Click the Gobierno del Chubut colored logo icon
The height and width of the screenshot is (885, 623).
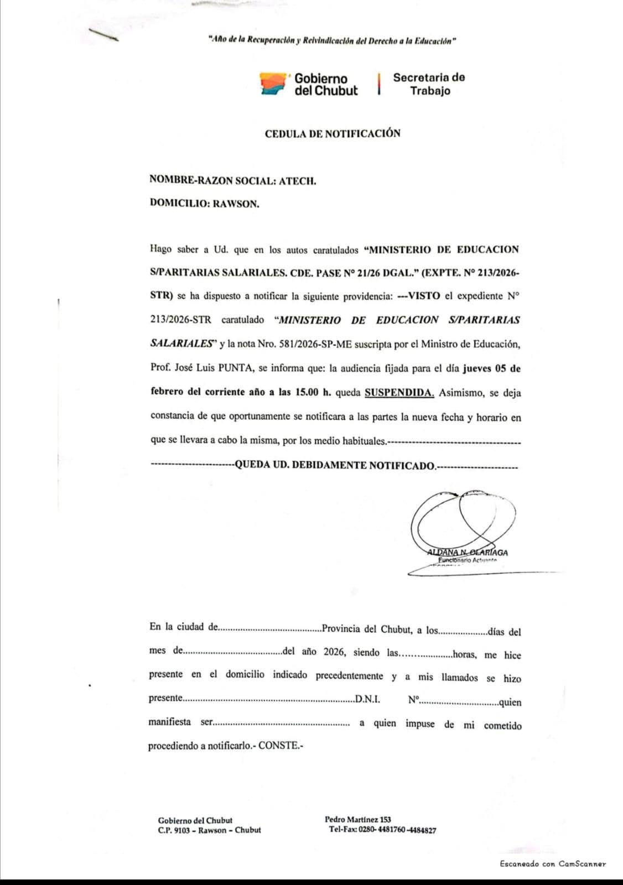[x=274, y=84]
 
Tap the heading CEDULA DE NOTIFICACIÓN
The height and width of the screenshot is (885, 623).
[x=332, y=133]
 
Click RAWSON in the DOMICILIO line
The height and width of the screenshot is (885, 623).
[x=236, y=204]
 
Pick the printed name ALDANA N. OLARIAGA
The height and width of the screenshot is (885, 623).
[x=468, y=552]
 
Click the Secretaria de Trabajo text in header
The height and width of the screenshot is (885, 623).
[x=429, y=84]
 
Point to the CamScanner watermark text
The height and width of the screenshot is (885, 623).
[x=553, y=863]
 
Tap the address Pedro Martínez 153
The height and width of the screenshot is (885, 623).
[x=358, y=820]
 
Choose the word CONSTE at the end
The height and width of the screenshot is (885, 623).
[x=281, y=746]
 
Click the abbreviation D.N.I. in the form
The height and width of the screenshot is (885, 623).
[x=367, y=699]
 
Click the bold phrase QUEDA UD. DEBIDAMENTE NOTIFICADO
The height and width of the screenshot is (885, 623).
[x=335, y=465]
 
